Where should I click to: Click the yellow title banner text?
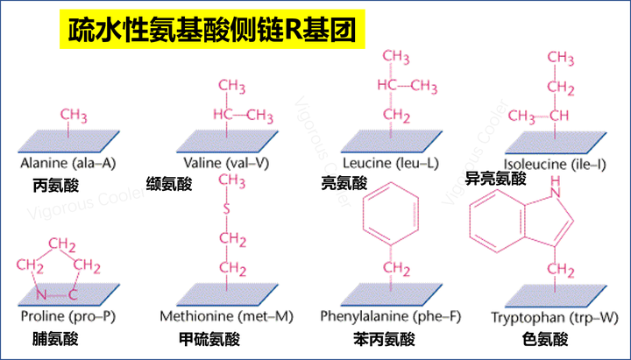coord(212,30)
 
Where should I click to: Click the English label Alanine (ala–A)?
coord(68,163)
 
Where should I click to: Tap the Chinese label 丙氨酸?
coord(55,186)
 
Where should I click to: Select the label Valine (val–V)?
coord(226,163)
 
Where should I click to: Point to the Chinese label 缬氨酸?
coord(169,184)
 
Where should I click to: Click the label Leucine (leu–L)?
coord(390,163)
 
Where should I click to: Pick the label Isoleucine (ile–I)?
coord(555,164)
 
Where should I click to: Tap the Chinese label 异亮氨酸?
coord(495,178)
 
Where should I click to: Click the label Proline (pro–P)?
coord(68,316)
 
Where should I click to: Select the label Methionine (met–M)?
coord(226,316)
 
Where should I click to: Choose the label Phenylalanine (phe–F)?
coord(390,316)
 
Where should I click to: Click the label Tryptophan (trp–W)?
coord(555,318)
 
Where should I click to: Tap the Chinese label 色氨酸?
coord(545,339)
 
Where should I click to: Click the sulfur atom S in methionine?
coord(226,208)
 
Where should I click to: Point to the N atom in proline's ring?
coord(41,295)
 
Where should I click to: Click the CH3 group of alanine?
coord(74,115)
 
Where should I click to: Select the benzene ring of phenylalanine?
coord(391,214)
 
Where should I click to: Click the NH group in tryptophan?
coord(556,187)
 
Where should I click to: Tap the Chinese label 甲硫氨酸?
coord(209,339)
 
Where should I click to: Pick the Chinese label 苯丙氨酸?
coord(384,339)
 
